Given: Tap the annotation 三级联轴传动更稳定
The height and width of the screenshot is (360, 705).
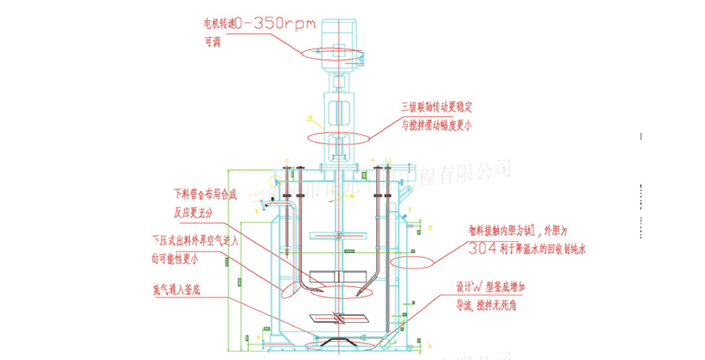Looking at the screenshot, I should point(437,106).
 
